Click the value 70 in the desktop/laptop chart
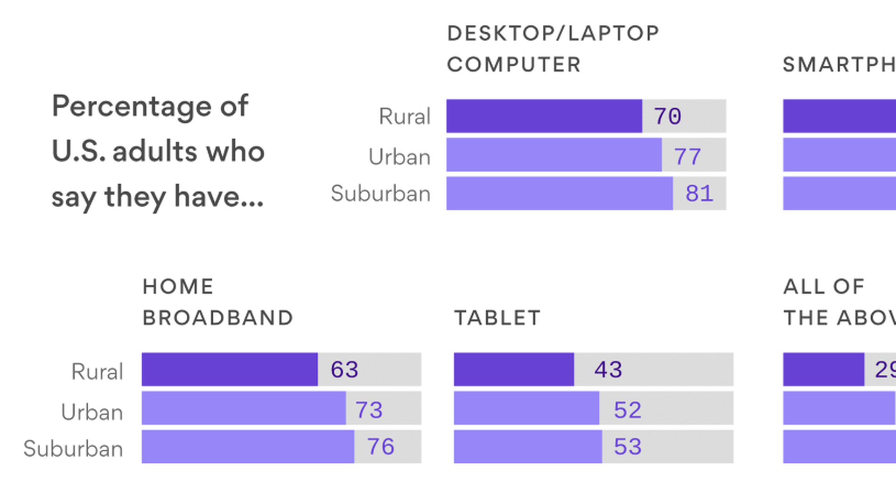pyautogui.click(x=667, y=116)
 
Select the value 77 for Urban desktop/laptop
pyautogui.click(x=687, y=156)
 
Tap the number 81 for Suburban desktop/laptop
pyautogui.click(x=699, y=193)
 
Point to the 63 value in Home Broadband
pyautogui.click(x=344, y=370)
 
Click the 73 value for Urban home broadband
pyautogui.click(x=369, y=410)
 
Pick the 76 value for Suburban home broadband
pyautogui.click(x=380, y=447)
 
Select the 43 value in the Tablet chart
pyautogui.click(x=608, y=370)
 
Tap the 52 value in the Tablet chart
pyautogui.click(x=628, y=410)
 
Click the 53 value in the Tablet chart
pyautogui.click(x=628, y=447)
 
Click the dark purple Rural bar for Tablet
pyautogui.click(x=513, y=370)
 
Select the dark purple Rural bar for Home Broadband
pyautogui.click(x=230, y=370)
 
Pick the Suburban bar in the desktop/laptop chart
pyautogui.click(x=559, y=193)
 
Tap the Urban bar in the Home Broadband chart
pyautogui.click(x=244, y=408)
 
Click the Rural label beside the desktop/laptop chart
pyautogui.click(x=405, y=116)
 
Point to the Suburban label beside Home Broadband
pyautogui.click(x=73, y=448)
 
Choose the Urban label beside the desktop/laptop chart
pyautogui.click(x=399, y=157)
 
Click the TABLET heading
pyautogui.click(x=497, y=318)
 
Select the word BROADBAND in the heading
pyautogui.click(x=218, y=318)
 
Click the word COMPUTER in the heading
pyautogui.click(x=514, y=64)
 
